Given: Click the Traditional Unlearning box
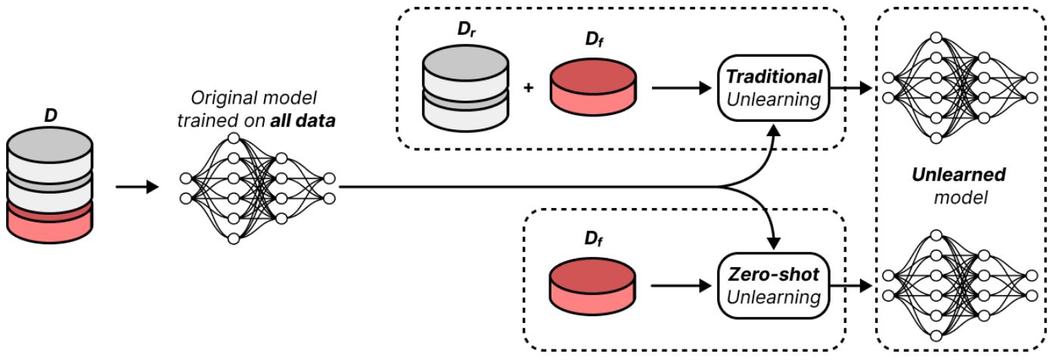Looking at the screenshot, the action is coord(773,88).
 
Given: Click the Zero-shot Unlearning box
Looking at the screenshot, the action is coord(773,286).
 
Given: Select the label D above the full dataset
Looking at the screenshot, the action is coord(51,116).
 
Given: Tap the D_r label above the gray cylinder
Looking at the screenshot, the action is coord(466,29).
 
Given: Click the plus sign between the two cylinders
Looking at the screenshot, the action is coord(529,87).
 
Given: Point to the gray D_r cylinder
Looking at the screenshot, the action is coord(465,88).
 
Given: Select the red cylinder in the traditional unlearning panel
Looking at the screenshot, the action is coord(593,87).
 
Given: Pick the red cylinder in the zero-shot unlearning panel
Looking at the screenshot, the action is coord(592,286).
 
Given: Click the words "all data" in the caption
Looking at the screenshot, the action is coord(303,120).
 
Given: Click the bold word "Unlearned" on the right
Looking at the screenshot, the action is coord(958,175).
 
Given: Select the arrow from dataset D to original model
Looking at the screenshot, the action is coord(137,187).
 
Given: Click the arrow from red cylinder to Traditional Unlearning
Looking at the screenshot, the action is coord(682,88).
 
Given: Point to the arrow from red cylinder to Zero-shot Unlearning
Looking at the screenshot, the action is coord(682,286).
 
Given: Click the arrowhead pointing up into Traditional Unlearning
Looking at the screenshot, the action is coord(774,129).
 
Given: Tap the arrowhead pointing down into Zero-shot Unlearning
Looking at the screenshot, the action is coord(774,244).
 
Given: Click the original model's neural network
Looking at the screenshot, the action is coord(257,188).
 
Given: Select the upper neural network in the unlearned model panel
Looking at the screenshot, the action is coord(959,88).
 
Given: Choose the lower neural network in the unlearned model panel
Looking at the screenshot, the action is coord(959,286).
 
